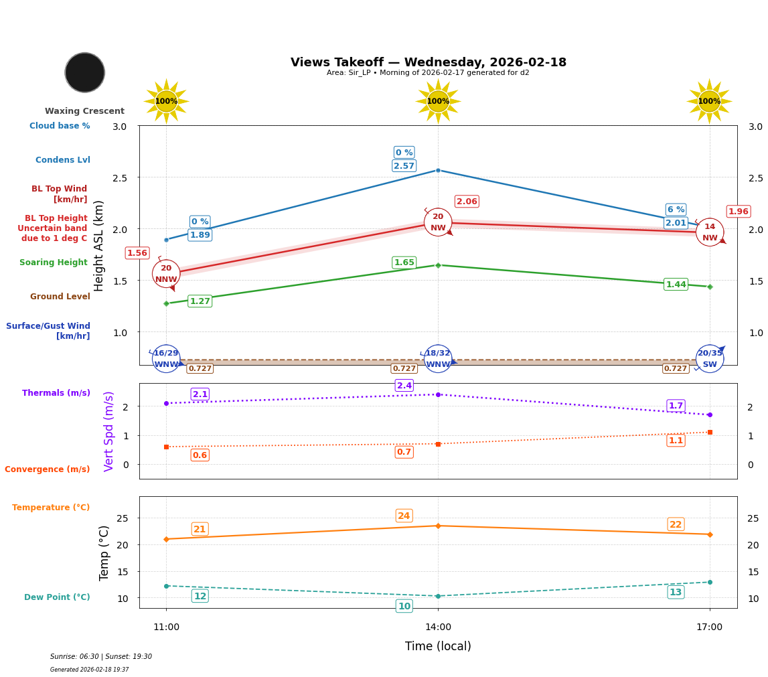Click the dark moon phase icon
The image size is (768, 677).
(x=85, y=72)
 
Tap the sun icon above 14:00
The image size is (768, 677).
(x=438, y=101)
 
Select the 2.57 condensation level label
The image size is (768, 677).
(x=404, y=166)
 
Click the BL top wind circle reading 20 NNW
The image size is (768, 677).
(x=166, y=274)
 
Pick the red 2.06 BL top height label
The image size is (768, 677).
(x=467, y=202)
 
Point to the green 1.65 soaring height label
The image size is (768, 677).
(x=404, y=262)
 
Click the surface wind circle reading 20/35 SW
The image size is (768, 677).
(x=710, y=359)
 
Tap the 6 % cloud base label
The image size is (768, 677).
(x=676, y=210)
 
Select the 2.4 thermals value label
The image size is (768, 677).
(x=404, y=386)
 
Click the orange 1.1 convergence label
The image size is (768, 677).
(x=676, y=441)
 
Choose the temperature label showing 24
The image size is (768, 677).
(x=404, y=516)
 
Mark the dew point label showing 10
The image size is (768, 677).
(x=404, y=607)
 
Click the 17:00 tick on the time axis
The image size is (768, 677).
(x=710, y=627)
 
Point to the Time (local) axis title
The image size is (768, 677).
(x=438, y=646)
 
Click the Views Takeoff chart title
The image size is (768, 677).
(x=429, y=62)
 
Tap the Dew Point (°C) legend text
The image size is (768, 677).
(x=57, y=597)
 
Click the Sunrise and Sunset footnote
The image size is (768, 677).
(x=101, y=657)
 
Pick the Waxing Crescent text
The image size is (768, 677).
(x=84, y=111)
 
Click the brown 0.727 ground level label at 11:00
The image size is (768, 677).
(x=200, y=369)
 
